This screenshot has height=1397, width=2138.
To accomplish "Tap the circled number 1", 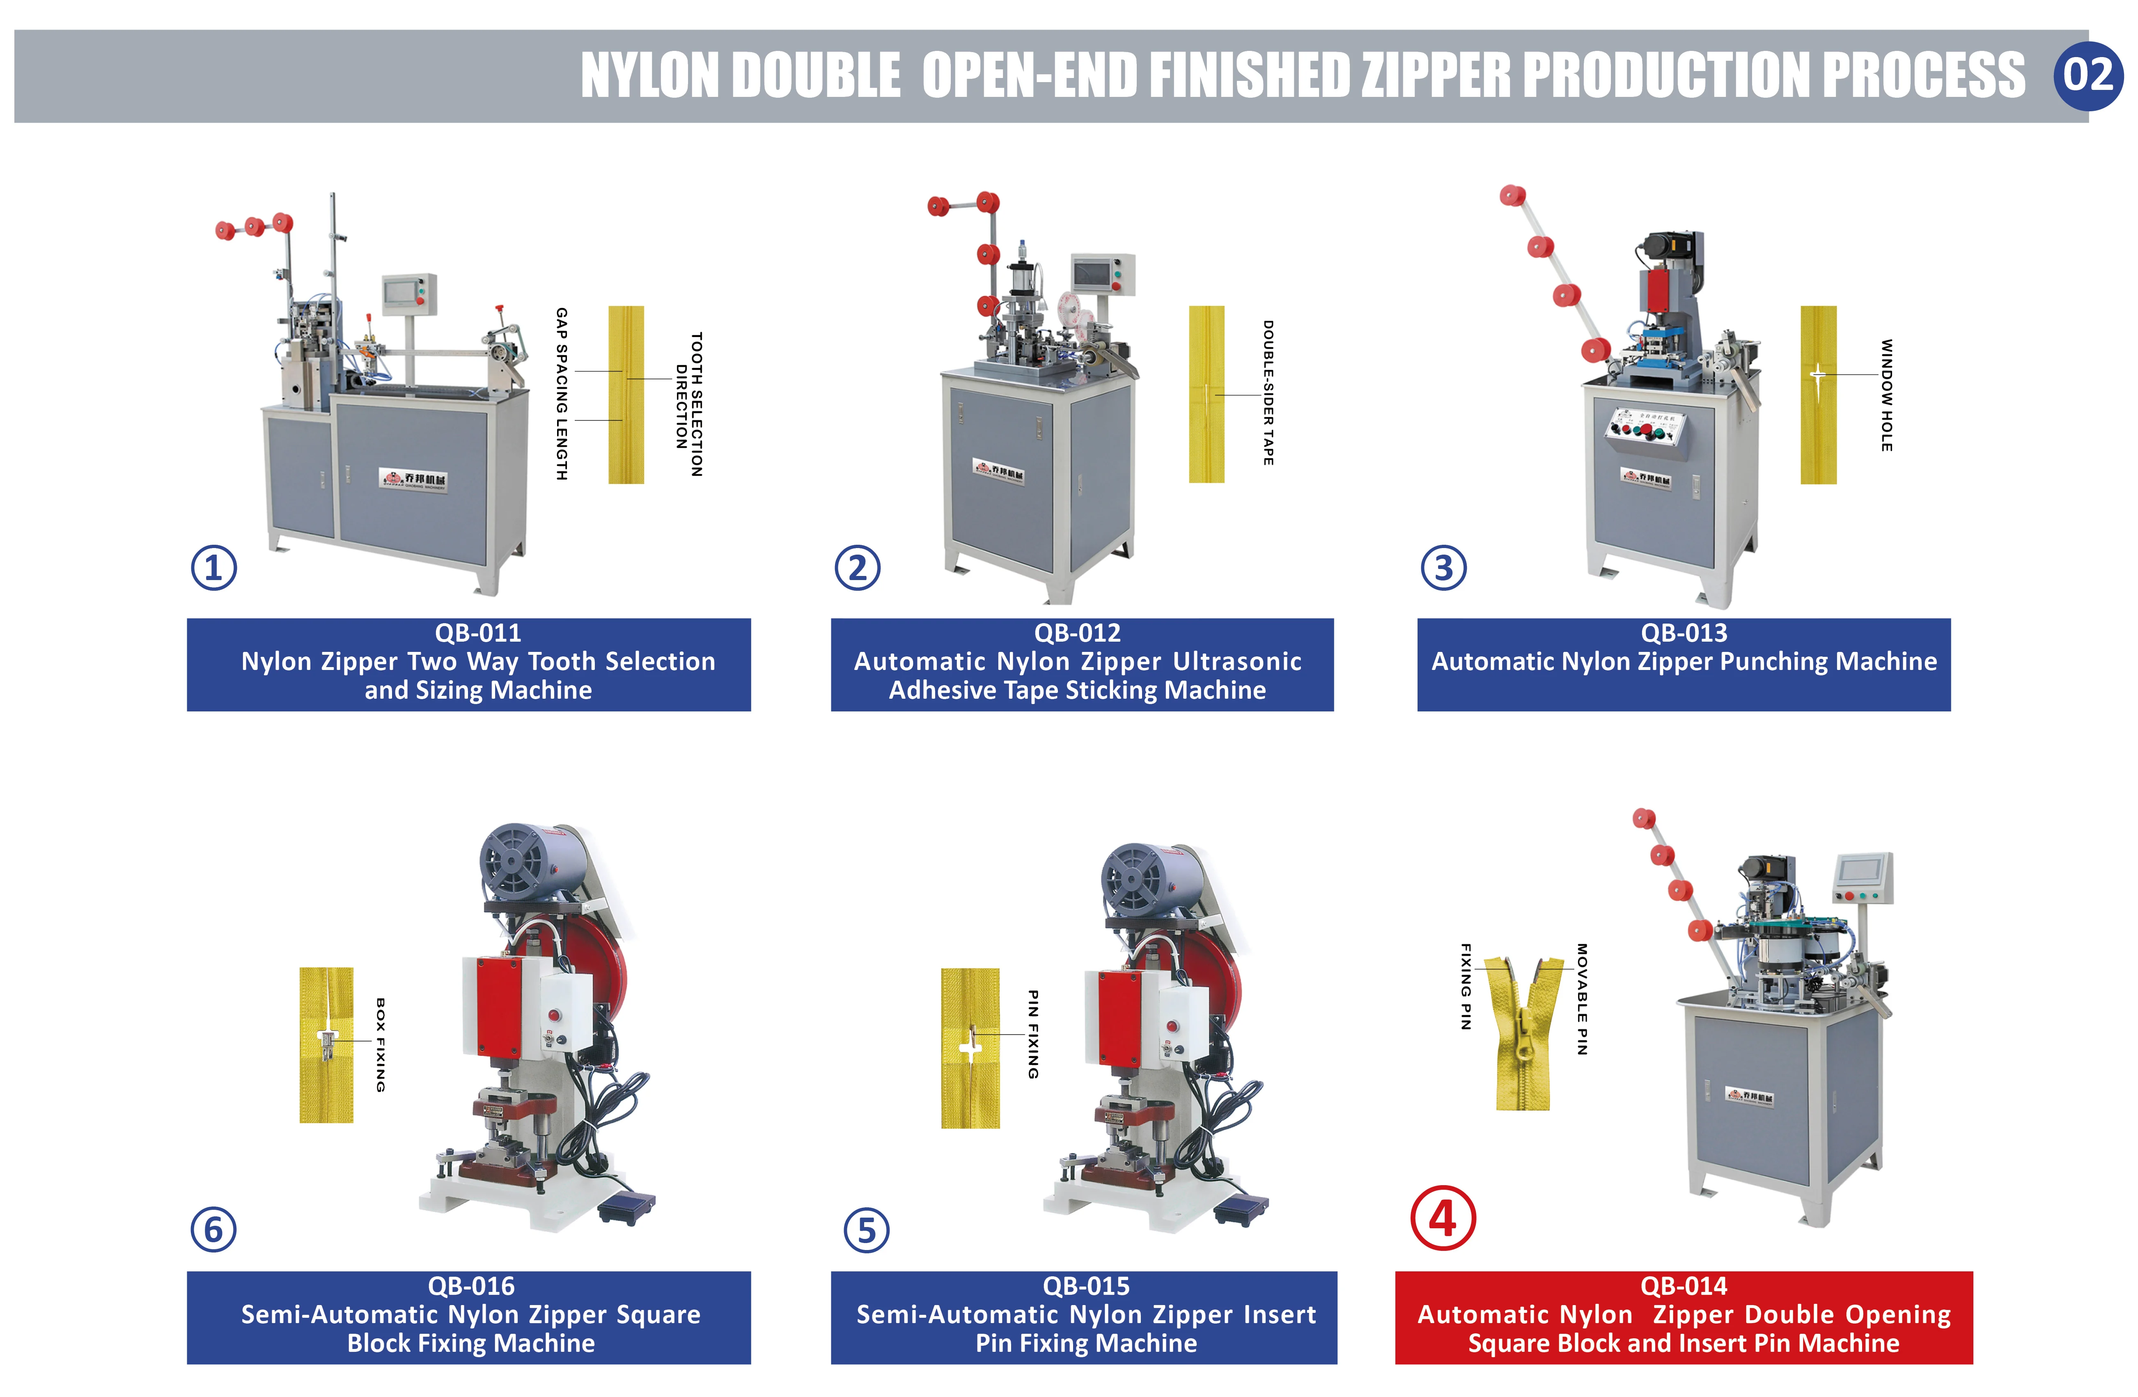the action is click(214, 568).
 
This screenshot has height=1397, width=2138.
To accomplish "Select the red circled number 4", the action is click(1443, 1219).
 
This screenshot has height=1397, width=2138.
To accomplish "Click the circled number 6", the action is click(214, 1229).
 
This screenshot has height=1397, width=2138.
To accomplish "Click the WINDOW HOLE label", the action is click(1886, 395).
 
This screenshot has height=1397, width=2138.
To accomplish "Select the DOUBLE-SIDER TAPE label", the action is click(1268, 392).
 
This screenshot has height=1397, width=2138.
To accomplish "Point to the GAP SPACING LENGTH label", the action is click(562, 394).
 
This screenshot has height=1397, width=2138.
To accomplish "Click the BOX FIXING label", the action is click(380, 1045).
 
